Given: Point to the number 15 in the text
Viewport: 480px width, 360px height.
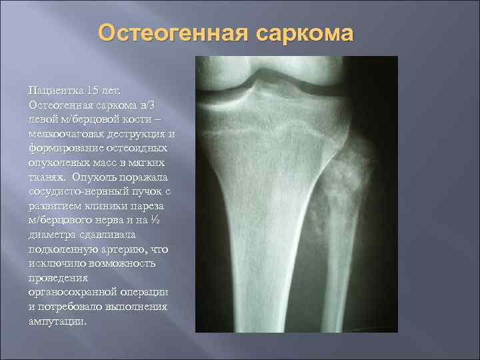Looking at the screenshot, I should click(103, 90).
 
